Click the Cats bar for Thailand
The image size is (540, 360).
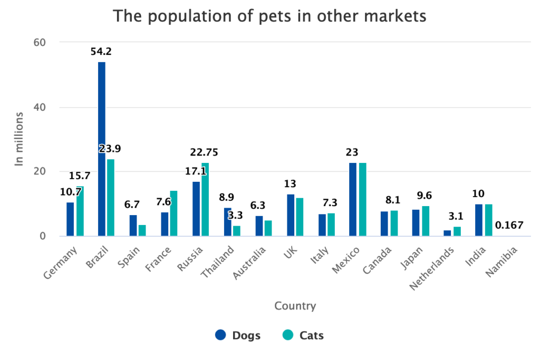(x=237, y=231)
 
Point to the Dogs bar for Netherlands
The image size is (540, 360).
(x=447, y=233)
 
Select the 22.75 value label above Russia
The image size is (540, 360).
(x=204, y=152)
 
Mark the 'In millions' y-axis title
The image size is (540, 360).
(x=20, y=139)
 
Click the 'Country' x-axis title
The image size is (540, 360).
(x=295, y=306)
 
